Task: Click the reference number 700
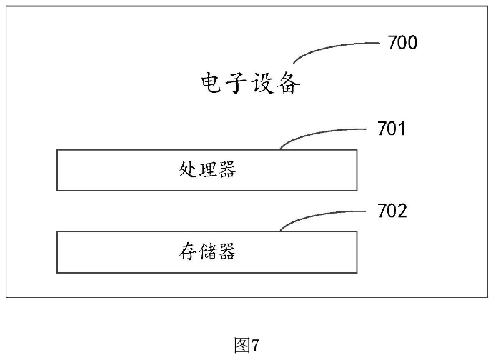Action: point(402,43)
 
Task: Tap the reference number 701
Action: point(392,129)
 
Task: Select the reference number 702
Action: point(392,211)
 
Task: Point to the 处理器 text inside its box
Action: point(207,170)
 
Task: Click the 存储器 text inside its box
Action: point(207,252)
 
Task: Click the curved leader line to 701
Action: point(314,134)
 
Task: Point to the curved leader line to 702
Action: point(314,216)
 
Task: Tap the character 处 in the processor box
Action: point(188,170)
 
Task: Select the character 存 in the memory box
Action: point(188,252)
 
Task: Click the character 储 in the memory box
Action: point(207,252)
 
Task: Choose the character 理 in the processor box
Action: point(207,170)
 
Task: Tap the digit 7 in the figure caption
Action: point(254,346)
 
